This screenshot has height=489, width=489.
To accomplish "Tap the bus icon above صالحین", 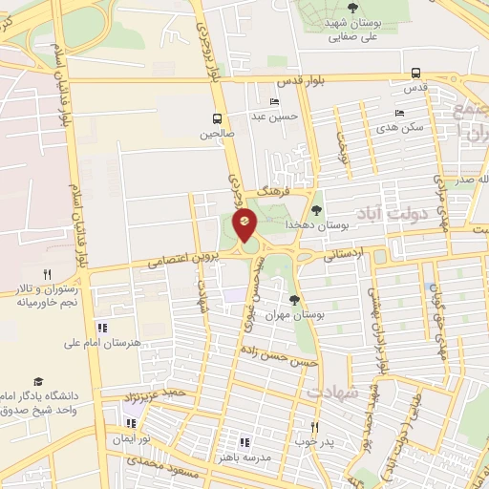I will tap(219, 118).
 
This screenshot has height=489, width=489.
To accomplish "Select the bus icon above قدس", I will tap(415, 73).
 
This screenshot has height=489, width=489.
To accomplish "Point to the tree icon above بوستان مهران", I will tap(294, 299).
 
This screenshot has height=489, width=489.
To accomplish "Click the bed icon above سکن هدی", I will tap(399, 113).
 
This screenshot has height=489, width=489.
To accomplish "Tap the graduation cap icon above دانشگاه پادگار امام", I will tap(38, 381).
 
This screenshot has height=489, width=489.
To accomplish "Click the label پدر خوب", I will tap(314, 442).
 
